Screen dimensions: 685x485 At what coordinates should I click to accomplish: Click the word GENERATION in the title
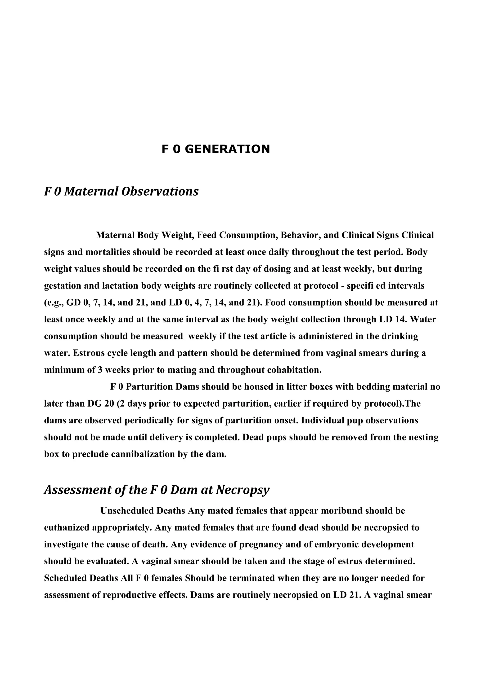[227, 149]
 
